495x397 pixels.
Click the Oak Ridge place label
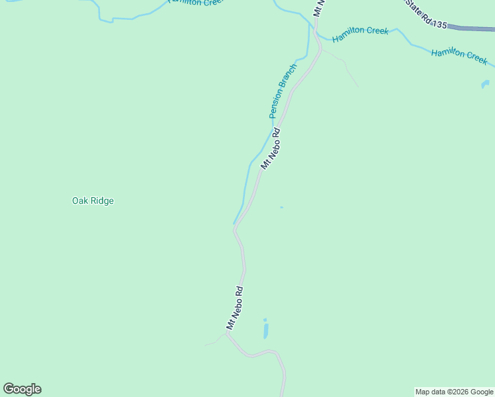tap(93, 200)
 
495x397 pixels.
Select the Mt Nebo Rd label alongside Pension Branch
tap(271, 148)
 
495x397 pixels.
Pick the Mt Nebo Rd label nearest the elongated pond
tap(235, 308)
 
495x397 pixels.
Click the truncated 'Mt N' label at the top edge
tap(319, 8)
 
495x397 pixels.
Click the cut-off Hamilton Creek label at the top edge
tap(195, 3)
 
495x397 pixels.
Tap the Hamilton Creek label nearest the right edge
tap(459, 56)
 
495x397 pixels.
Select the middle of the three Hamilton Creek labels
tap(360, 34)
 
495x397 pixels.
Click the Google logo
tap(22, 389)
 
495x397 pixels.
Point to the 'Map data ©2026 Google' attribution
tap(454, 392)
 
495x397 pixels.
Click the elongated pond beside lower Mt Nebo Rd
tap(265, 329)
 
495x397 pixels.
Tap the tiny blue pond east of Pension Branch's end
tap(281, 207)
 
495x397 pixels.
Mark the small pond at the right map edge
tap(485, 85)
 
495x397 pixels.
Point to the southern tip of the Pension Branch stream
tap(234, 224)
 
